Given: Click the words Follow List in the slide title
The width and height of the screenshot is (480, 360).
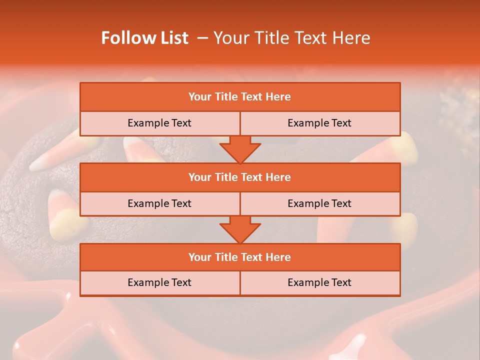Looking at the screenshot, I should [145, 38].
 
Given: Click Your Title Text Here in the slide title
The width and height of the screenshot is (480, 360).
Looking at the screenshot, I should [291, 38].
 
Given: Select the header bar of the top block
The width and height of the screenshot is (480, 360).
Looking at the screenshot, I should [240, 97].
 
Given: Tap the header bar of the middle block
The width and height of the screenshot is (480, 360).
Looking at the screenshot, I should [240, 177].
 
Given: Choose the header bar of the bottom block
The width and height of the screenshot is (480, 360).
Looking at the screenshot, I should [240, 257].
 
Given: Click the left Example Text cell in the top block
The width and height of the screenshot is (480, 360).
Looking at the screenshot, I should [159, 123].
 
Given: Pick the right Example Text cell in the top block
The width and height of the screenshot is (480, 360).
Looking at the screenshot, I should [319, 123].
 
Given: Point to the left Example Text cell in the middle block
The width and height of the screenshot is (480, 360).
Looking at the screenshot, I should [159, 203].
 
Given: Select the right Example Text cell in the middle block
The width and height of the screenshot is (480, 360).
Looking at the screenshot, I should [319, 203].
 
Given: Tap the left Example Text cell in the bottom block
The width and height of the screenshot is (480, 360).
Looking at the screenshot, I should [159, 282].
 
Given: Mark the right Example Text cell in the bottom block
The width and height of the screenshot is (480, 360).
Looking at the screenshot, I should [319, 282].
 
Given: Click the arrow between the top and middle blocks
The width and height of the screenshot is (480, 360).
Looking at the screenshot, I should [240, 149].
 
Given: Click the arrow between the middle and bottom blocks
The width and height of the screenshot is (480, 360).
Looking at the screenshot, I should [240, 229].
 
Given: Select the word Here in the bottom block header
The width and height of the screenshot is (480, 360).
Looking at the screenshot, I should [278, 257].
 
